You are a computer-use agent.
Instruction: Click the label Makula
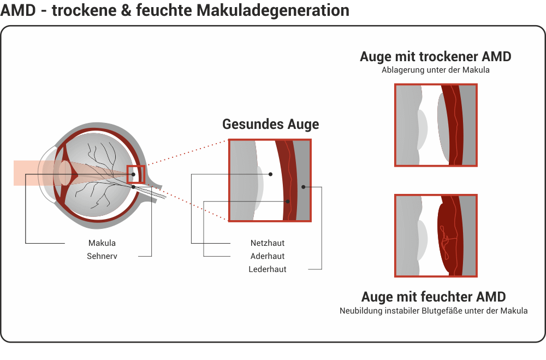(102, 243)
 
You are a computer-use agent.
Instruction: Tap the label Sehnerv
(102, 256)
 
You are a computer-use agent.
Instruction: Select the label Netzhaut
(268, 243)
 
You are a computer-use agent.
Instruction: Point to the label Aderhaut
(268, 256)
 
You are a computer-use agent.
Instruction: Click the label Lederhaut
(268, 269)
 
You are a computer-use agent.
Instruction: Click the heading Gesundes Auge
(271, 125)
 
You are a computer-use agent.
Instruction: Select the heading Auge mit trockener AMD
(435, 56)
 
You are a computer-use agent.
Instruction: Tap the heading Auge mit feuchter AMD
(434, 297)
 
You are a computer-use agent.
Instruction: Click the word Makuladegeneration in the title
(272, 10)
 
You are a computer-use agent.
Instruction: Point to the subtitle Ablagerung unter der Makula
(435, 70)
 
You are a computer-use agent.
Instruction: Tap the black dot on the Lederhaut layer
(303, 187)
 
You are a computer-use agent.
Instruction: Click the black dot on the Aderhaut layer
(288, 202)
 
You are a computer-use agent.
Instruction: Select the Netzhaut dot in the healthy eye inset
(270, 174)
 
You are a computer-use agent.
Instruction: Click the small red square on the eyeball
(136, 175)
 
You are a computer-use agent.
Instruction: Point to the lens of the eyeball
(65, 173)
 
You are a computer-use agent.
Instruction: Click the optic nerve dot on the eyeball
(133, 187)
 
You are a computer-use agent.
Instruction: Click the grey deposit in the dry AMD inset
(444, 127)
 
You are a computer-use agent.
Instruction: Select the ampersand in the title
(127, 10)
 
